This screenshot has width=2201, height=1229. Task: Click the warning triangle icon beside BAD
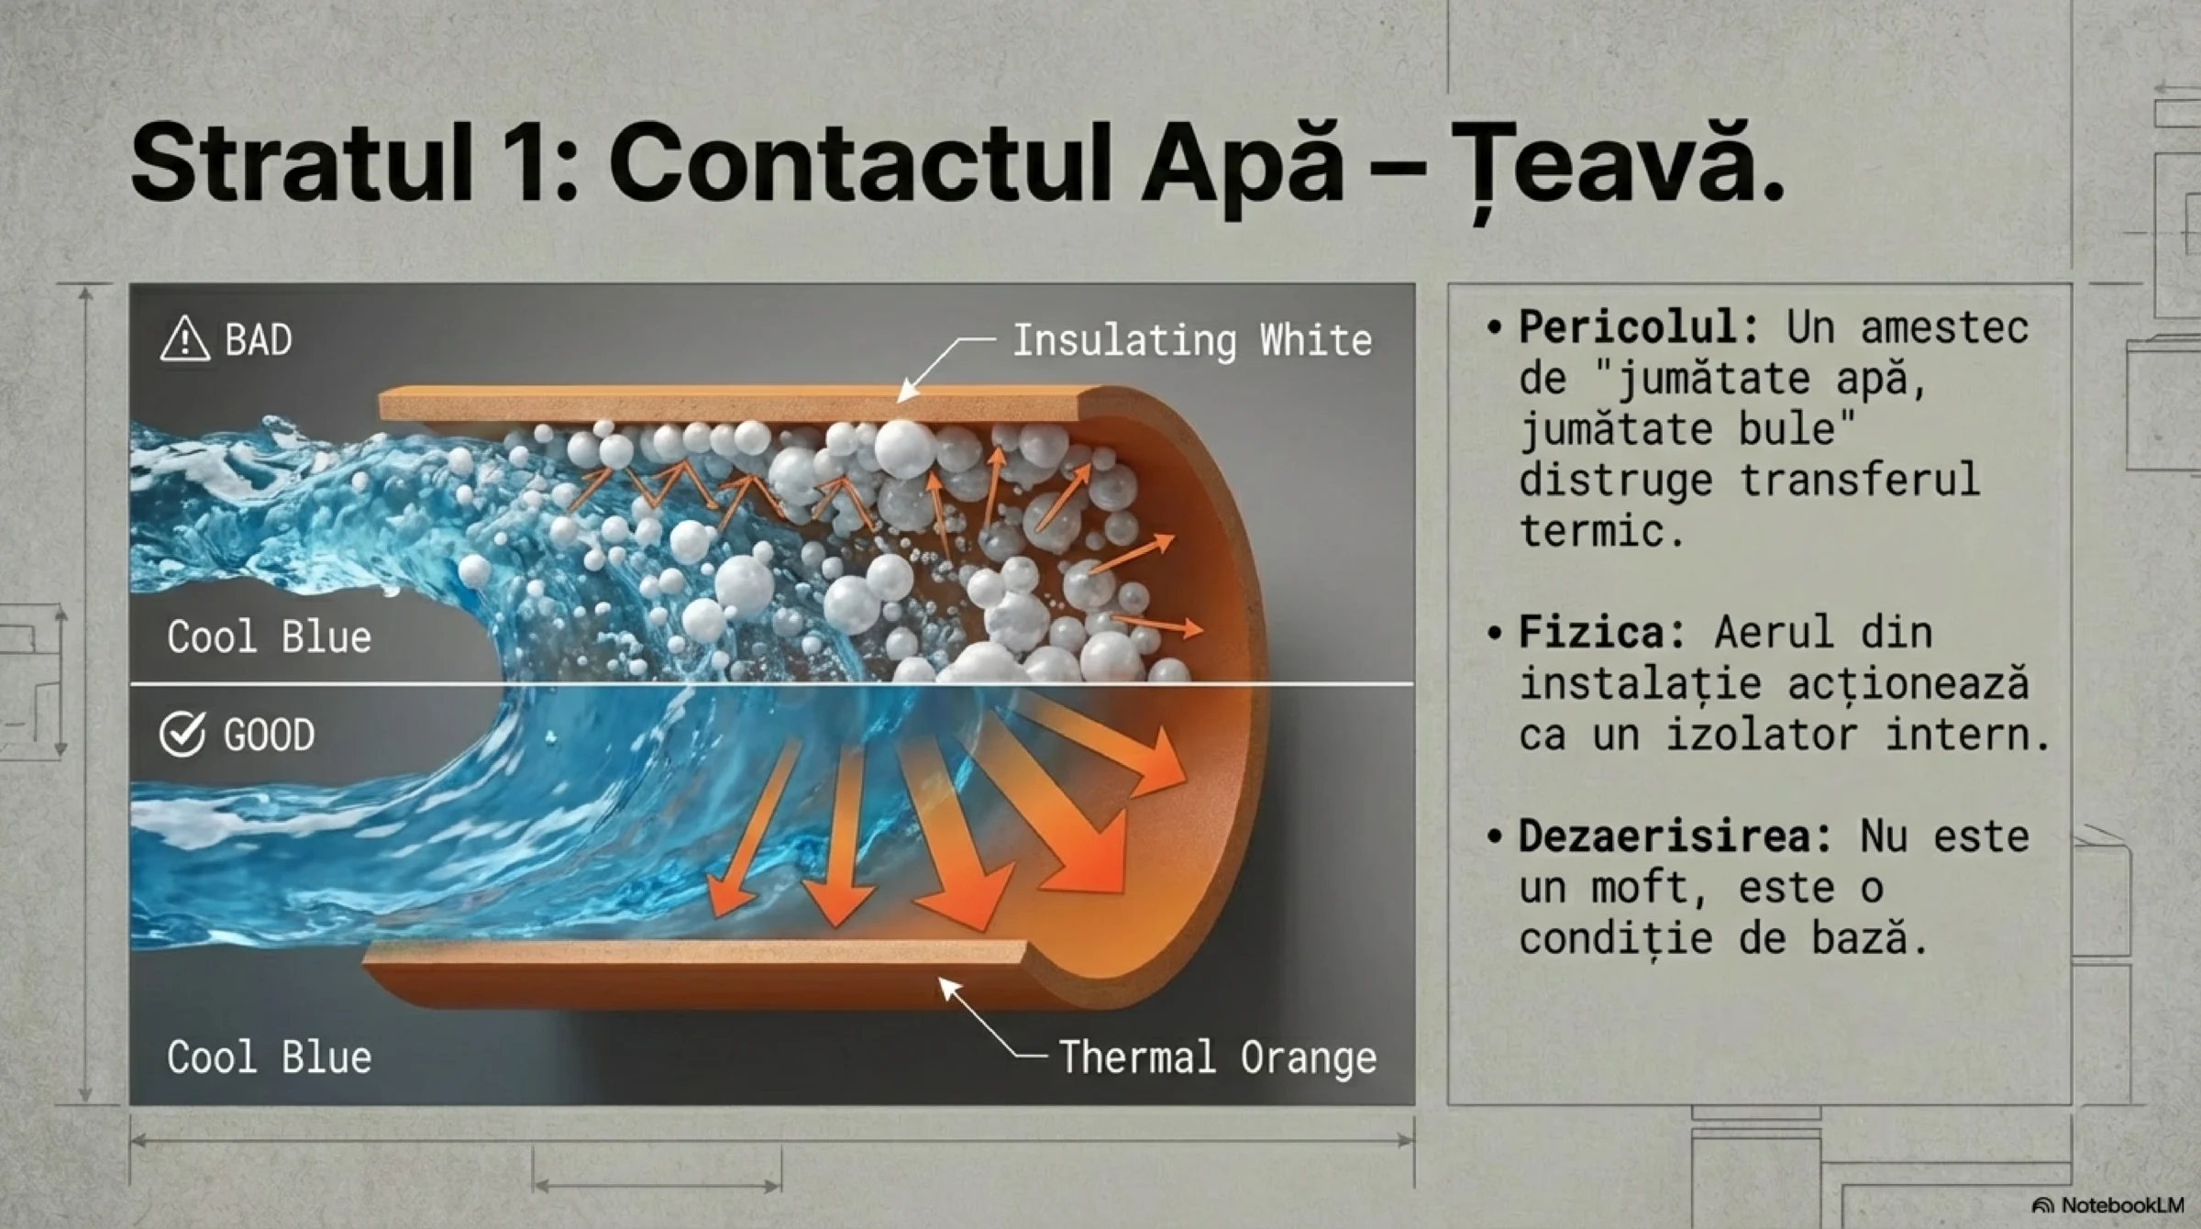[x=185, y=338]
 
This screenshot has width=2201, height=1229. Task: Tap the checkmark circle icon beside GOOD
[x=182, y=734]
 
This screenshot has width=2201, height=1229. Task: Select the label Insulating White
[x=1192, y=340]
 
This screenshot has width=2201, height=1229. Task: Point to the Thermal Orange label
[x=1218, y=1057]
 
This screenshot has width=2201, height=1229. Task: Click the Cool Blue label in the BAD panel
[x=270, y=637]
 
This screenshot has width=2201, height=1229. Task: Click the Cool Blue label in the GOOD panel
[x=270, y=1057]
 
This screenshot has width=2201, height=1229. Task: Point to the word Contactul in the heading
[x=858, y=162]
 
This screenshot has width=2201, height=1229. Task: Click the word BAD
[x=259, y=339]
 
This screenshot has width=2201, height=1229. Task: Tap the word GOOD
[x=269, y=735]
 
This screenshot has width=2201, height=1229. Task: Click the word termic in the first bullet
[x=1601, y=531]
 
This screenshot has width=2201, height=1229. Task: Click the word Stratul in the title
[x=302, y=162]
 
